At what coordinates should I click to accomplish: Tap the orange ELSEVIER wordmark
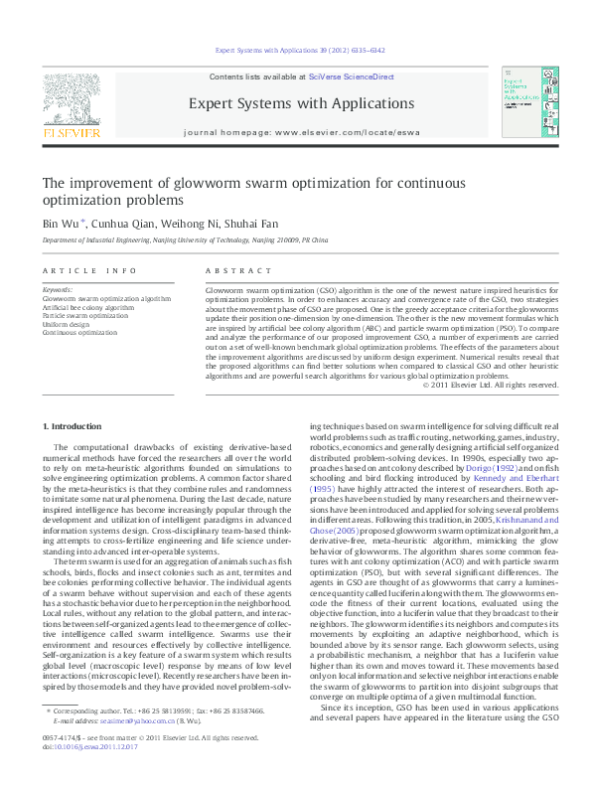point(71,131)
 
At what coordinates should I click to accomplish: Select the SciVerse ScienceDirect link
point(351,77)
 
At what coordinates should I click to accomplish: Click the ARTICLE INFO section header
point(90,270)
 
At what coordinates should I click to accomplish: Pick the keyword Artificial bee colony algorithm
point(87,308)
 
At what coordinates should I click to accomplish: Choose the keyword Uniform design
point(67,324)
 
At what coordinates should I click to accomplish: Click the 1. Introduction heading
point(72,426)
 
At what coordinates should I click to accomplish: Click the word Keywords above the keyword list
point(58,291)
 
